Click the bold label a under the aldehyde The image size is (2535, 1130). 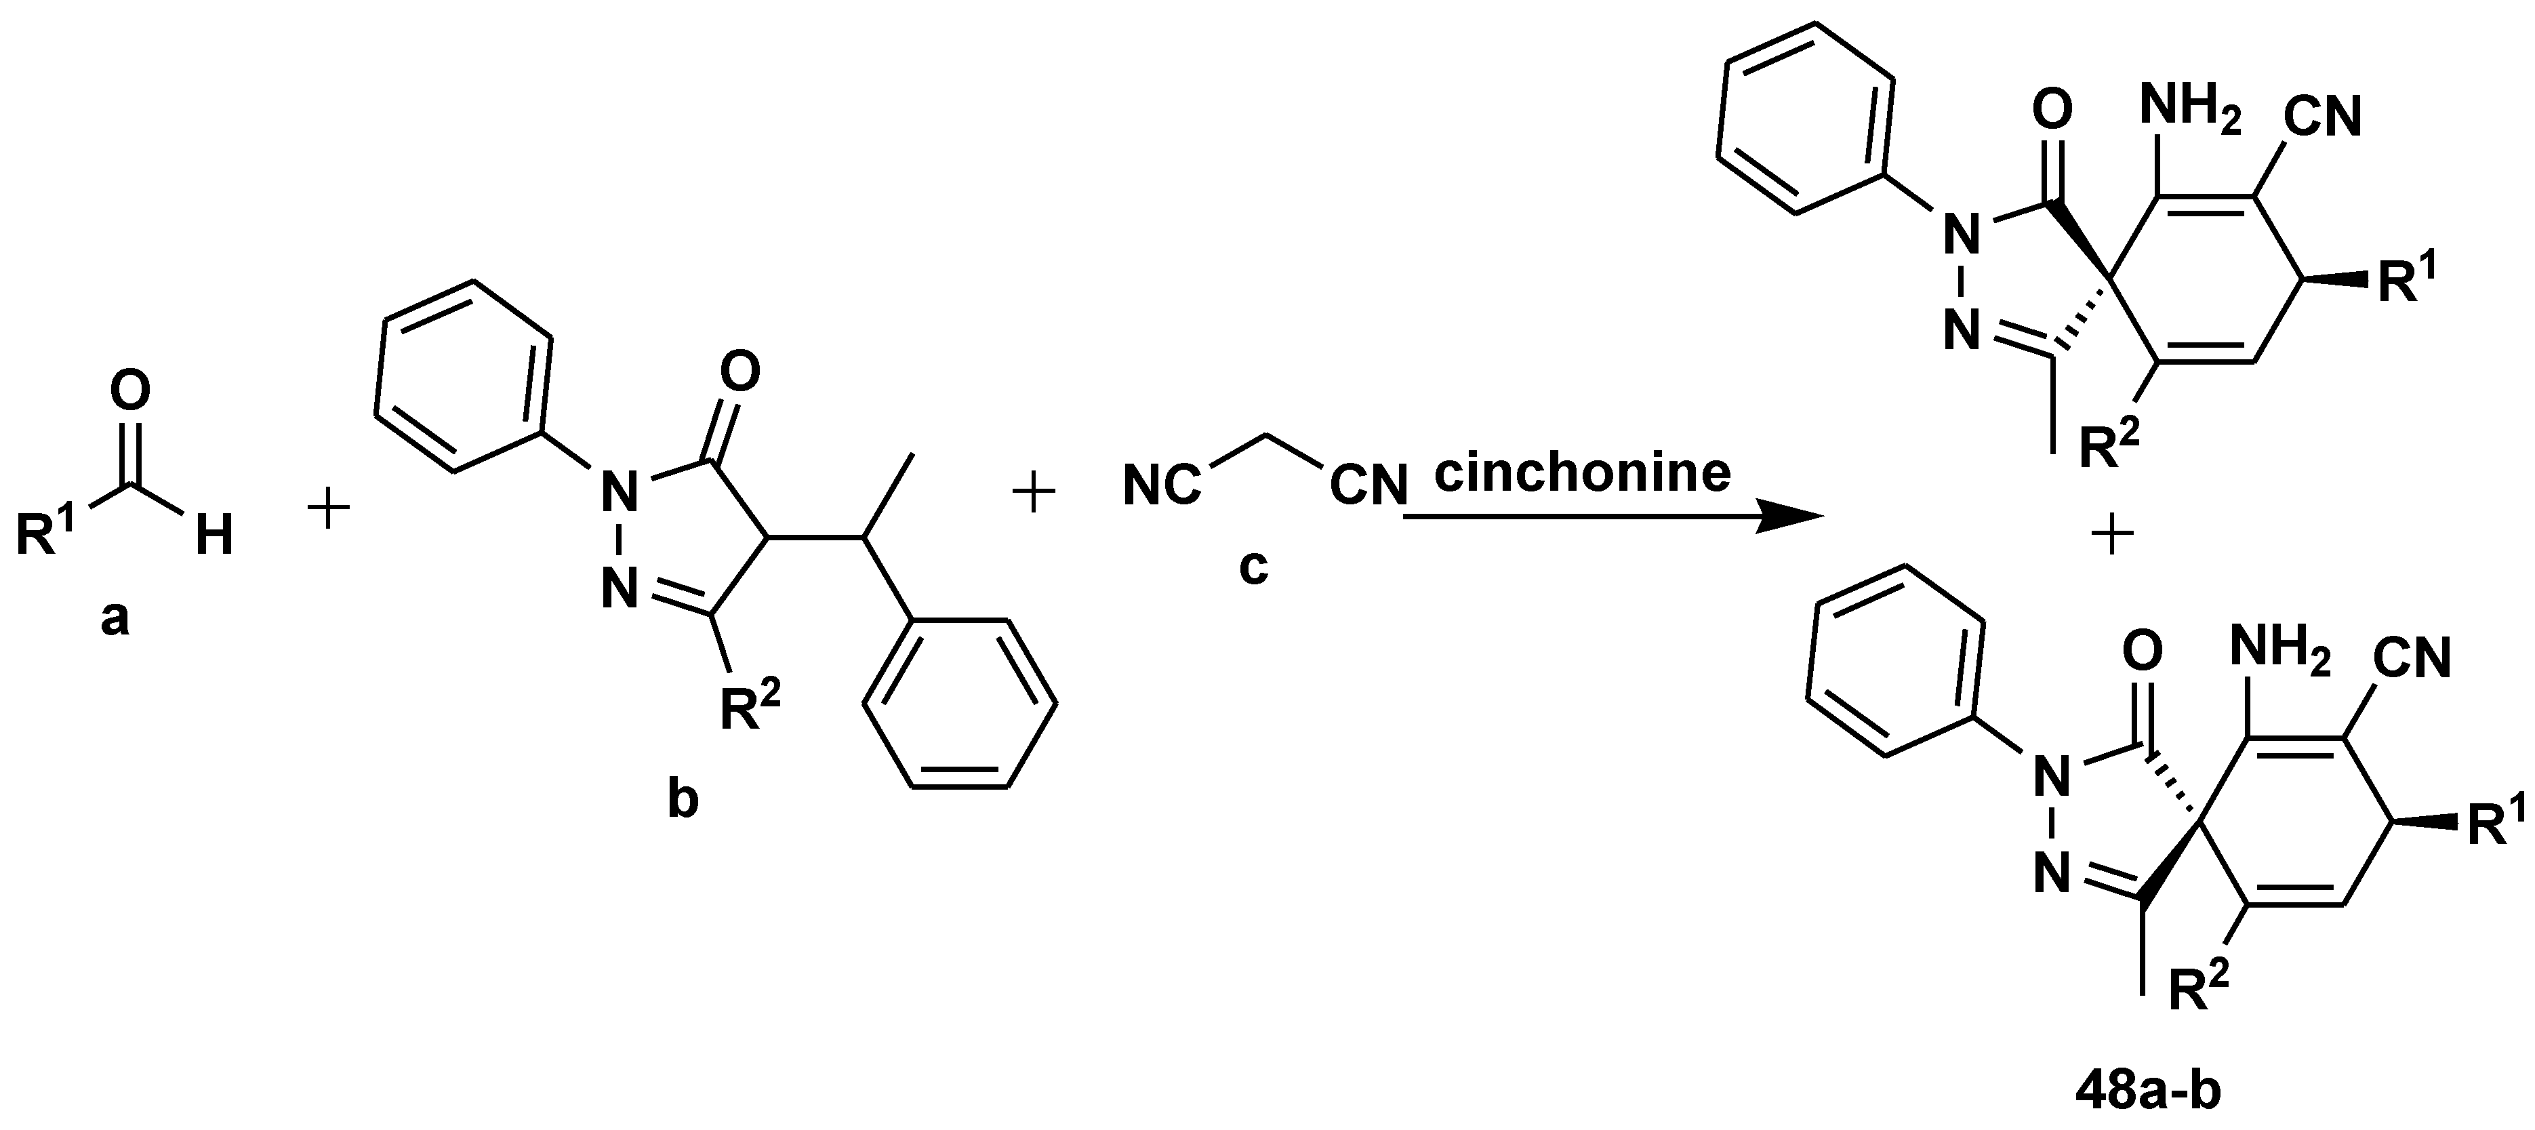(x=115, y=620)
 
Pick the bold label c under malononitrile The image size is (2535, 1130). (x=1253, y=567)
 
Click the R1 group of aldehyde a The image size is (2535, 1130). (x=49, y=533)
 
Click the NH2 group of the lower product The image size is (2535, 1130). (x=2280, y=651)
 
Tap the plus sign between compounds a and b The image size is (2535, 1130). (x=329, y=512)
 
